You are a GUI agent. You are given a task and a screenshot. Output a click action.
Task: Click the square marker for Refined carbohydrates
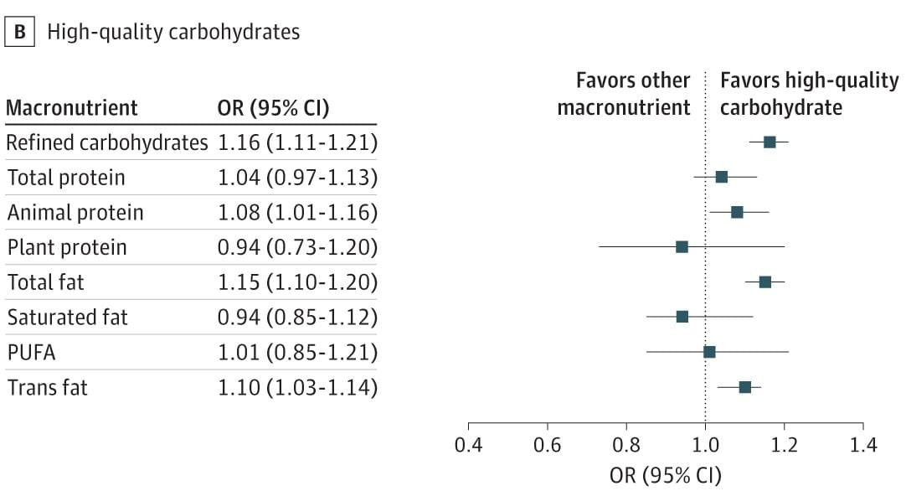point(769,142)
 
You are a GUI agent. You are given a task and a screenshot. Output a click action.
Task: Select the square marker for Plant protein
point(682,247)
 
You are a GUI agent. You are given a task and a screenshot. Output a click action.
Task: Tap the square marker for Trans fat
point(744,387)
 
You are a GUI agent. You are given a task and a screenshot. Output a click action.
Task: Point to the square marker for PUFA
point(709,352)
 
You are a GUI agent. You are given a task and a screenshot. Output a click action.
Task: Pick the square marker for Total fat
point(765,282)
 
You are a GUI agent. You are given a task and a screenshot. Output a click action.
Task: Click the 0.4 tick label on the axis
point(468,445)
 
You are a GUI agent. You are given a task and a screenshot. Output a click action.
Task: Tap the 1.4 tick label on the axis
point(862,445)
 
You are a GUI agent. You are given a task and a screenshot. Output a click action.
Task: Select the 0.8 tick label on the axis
point(626,445)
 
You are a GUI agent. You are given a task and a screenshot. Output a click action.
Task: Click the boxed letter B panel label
point(19,31)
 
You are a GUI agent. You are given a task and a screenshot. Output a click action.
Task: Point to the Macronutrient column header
point(72,108)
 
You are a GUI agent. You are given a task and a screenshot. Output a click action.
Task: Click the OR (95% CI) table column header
point(273,108)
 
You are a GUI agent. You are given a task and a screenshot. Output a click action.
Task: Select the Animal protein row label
point(75,212)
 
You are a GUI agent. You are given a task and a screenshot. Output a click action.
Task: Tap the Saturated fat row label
point(68,317)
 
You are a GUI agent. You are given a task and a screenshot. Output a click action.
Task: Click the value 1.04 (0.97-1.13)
point(297,178)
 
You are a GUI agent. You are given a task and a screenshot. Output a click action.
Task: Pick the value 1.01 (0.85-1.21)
point(297,352)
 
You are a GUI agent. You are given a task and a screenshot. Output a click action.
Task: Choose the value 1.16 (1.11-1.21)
point(297,142)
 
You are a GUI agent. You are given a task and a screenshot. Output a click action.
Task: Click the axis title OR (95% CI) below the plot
point(666,475)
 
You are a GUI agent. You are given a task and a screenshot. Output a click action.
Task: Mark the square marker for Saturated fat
point(682,317)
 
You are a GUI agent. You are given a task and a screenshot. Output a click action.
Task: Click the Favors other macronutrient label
point(624,94)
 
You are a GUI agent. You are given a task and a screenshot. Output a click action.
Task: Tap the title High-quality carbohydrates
point(173,32)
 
